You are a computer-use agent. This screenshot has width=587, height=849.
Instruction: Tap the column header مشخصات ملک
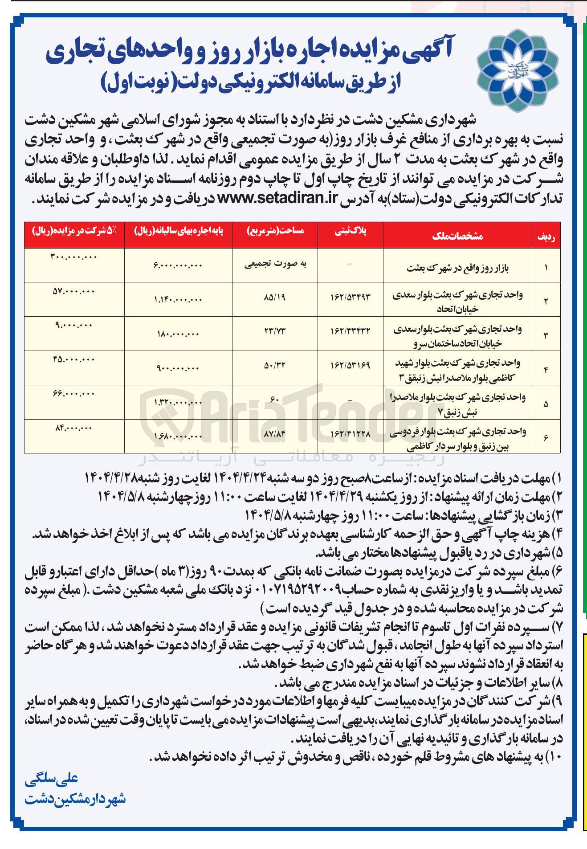pyautogui.click(x=457, y=236)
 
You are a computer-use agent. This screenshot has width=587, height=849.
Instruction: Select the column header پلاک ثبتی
pyautogui.click(x=351, y=231)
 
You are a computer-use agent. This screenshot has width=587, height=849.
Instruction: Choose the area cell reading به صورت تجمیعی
pyautogui.click(x=275, y=264)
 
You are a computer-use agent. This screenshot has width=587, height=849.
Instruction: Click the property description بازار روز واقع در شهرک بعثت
pyautogui.click(x=457, y=268)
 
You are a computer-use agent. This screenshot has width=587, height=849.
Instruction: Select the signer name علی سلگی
pyautogui.click(x=52, y=778)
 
